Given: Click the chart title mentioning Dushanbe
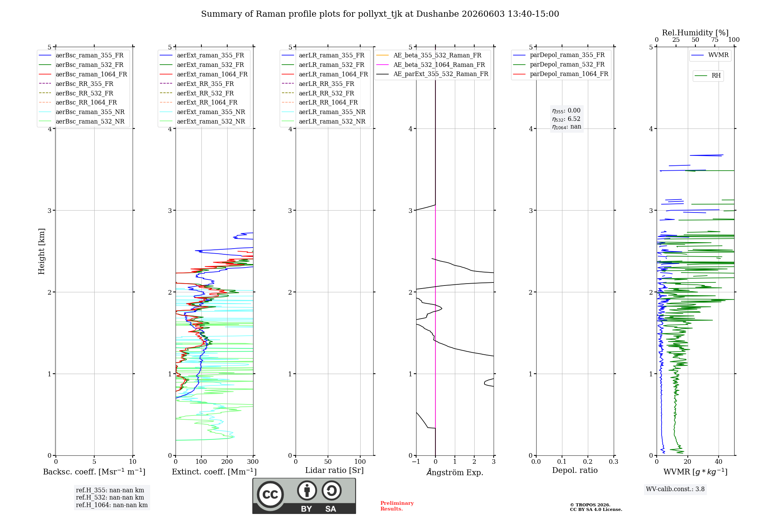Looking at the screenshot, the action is point(380,14).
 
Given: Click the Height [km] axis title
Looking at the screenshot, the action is point(41,251).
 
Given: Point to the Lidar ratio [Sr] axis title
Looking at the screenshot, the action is point(334,470).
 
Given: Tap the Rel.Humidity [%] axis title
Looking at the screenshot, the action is point(695,33).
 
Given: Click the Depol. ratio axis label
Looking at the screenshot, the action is point(575,470).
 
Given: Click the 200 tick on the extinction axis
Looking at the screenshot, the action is point(227,461).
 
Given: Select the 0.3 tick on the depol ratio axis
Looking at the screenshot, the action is point(614,461).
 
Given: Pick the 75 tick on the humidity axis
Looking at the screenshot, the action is point(715,40).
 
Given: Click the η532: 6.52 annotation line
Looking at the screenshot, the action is point(566,119).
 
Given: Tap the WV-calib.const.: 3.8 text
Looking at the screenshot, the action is point(675,489).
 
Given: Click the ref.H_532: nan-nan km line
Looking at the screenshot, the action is point(110,497).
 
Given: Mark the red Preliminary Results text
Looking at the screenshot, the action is point(397,506).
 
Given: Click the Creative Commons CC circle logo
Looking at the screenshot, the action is point(270,494).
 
